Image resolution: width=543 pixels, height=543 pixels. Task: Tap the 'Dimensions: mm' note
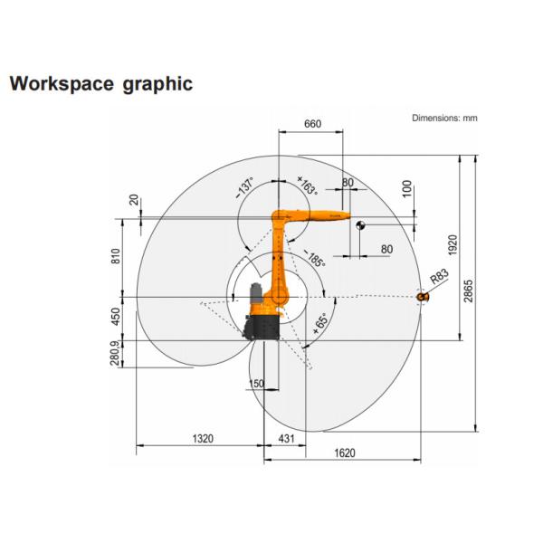pos(444,118)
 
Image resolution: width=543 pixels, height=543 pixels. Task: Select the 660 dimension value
pos(311,124)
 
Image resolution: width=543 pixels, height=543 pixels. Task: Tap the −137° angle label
pos(244,187)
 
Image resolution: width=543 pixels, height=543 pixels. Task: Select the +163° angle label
pos(307,187)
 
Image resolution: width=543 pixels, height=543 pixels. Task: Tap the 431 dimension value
pos(285,439)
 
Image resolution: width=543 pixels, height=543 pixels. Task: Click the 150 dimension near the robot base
pos(256,384)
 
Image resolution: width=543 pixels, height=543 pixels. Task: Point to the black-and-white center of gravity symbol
pos(359,225)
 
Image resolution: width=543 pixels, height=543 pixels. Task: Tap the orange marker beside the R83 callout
pos(422,296)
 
